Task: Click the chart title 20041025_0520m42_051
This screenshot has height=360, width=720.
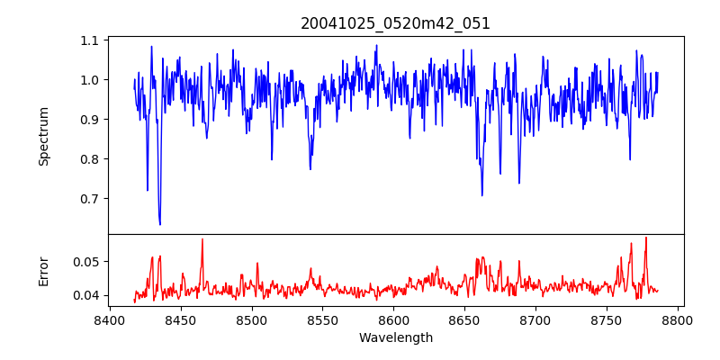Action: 395,23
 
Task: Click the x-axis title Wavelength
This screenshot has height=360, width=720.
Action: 395,338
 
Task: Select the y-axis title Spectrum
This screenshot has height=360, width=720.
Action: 44,136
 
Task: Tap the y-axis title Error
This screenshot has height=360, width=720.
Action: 44,271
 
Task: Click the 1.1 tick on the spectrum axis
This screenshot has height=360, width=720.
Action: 90,40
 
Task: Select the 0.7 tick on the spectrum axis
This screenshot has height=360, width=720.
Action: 90,198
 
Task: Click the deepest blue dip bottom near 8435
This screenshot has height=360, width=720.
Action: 159,224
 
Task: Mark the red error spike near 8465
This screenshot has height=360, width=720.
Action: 202,239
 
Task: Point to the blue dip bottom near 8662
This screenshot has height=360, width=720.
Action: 481,195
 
